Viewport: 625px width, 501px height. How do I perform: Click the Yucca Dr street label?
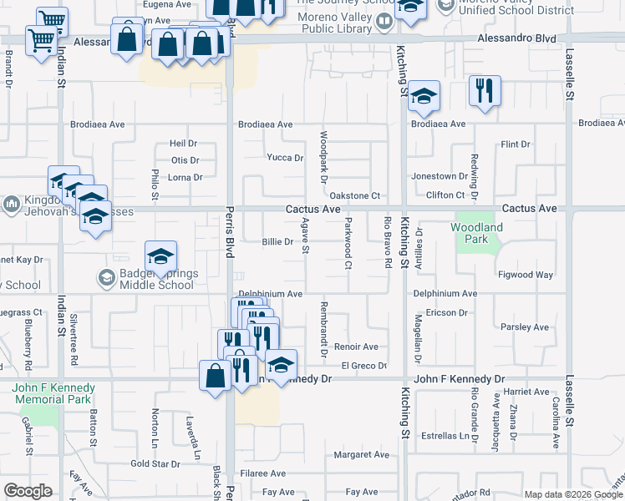coord(284,158)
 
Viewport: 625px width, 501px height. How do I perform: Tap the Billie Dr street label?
coord(277,242)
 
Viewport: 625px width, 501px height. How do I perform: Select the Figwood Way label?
coord(526,275)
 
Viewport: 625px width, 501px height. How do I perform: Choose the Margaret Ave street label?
coord(362,455)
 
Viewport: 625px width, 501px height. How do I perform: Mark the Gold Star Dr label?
coord(155,463)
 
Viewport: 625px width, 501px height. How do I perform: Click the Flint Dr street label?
coord(516,144)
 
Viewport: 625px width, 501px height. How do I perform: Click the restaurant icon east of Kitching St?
coord(485,90)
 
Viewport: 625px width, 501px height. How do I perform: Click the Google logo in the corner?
coord(28,491)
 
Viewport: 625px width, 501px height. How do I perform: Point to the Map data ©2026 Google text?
coord(572,494)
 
